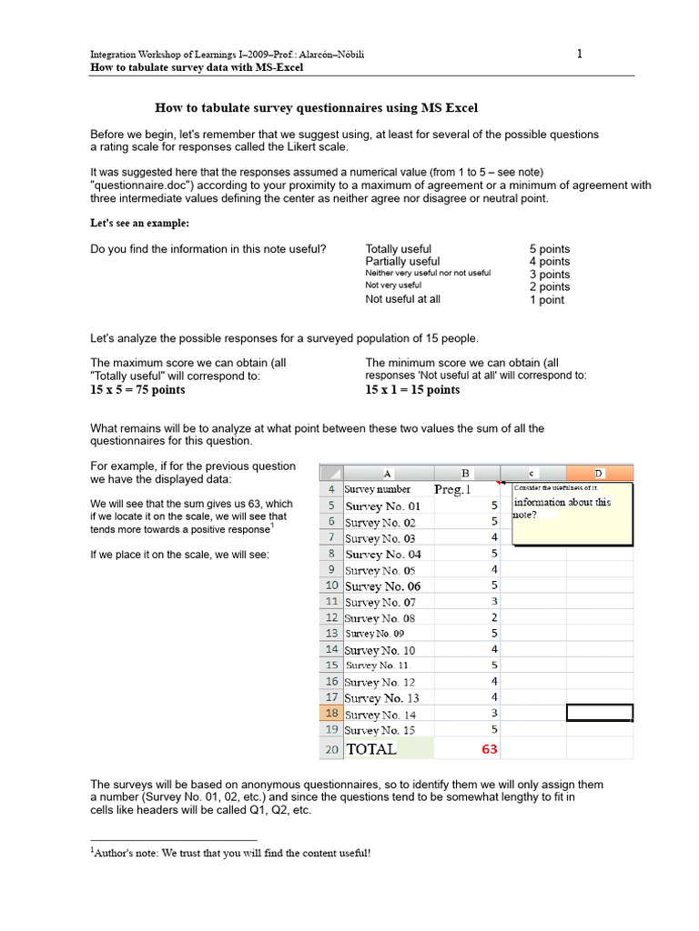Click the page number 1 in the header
[580, 54]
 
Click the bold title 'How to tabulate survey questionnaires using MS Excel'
[317, 108]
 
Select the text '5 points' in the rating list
[550, 249]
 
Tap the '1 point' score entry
[546, 300]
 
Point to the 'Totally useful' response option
[399, 249]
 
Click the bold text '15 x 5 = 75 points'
[137, 390]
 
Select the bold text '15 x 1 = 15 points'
[412, 390]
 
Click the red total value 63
[489, 749]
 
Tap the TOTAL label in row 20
[371, 749]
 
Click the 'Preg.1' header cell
[453, 489]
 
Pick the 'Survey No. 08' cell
[380, 618]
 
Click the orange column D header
[599, 473]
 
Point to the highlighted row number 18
[331, 715]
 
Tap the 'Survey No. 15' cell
[380, 730]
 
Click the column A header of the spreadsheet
[388, 473]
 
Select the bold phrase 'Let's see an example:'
[140, 224]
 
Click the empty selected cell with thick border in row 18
[599, 714]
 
